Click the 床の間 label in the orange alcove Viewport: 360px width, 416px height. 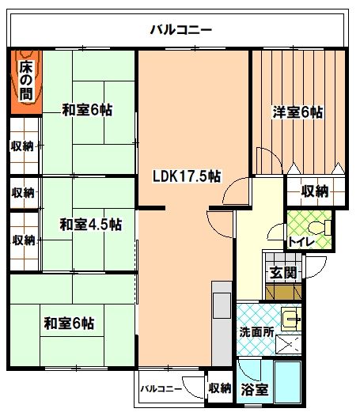tap(26, 81)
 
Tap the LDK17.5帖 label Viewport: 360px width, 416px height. tap(187, 176)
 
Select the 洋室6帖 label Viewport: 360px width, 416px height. tap(297, 112)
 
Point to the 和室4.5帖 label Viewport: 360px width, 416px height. tap(91, 225)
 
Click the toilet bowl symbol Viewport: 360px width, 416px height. tap(320, 228)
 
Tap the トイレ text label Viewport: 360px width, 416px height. tap(301, 242)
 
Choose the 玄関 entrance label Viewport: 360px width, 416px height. tap(283, 273)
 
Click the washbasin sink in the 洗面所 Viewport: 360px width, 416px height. tap(291, 319)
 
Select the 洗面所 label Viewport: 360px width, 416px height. tap(256, 332)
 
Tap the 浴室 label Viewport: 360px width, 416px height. tap(254, 389)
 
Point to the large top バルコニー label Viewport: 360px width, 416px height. tap(181, 29)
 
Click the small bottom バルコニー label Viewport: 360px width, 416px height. tap(161, 389)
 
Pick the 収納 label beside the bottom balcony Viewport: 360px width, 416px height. tap(220, 388)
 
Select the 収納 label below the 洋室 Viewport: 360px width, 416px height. tap(315, 191)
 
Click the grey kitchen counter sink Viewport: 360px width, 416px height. tap(222, 305)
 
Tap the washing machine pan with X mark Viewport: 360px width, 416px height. tap(289, 344)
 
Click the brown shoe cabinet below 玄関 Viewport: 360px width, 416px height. tap(283, 292)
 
